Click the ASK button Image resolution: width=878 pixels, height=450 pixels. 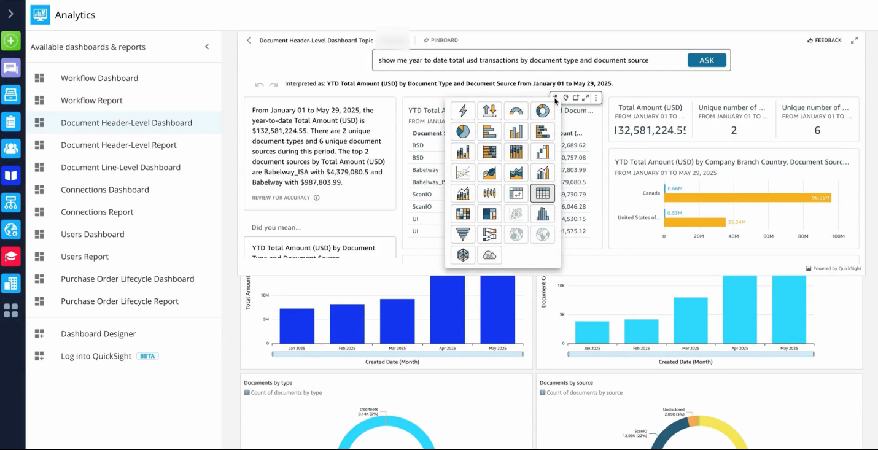707,60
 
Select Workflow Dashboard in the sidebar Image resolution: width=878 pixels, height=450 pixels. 99,78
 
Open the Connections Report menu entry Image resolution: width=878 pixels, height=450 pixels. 96,212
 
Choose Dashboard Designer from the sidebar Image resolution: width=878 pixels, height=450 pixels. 98,334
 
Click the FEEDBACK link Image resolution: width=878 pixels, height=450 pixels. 824,41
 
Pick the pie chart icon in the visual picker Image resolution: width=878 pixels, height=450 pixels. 463,131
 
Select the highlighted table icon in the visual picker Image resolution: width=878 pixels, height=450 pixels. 542,193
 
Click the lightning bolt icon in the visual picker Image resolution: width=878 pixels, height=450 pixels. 463,111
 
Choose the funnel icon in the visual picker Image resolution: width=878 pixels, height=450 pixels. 463,234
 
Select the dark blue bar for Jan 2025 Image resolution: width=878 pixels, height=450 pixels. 297,325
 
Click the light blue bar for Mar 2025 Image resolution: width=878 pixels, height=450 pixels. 690,320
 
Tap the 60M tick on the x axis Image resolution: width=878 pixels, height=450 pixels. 768,236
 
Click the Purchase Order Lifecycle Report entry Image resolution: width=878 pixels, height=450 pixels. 119,301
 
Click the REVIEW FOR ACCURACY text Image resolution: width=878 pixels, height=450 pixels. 281,198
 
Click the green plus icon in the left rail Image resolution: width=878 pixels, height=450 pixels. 11,41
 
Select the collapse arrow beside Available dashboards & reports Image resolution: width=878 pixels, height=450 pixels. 207,47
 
